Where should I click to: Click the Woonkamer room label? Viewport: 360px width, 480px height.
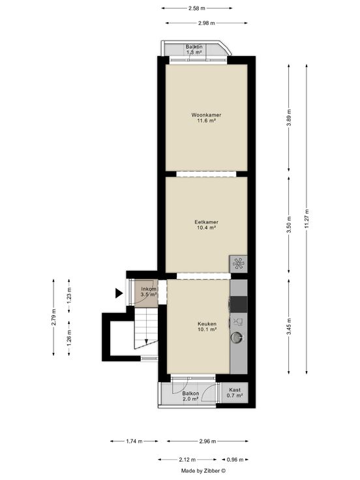(206, 115)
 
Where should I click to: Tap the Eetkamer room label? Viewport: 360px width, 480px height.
(206, 222)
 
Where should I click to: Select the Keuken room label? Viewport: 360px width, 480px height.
(207, 324)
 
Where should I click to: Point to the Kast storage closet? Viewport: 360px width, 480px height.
(235, 393)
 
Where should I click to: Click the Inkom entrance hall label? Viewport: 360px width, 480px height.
(149, 289)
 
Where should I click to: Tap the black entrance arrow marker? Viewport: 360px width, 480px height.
(119, 293)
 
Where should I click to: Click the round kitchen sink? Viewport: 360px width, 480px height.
(237, 337)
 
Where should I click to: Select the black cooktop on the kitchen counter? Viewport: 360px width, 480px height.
(239, 305)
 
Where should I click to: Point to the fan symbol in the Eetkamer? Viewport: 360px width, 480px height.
(239, 263)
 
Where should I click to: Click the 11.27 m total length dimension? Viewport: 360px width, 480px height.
(307, 219)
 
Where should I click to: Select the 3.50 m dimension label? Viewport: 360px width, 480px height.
(289, 224)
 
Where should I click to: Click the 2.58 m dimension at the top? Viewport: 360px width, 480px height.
(197, 8)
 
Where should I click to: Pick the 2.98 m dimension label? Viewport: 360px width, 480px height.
(206, 23)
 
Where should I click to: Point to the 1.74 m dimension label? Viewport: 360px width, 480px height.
(134, 441)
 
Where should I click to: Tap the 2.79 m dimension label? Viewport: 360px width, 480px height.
(53, 318)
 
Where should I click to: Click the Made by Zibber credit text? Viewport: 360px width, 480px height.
(203, 471)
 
